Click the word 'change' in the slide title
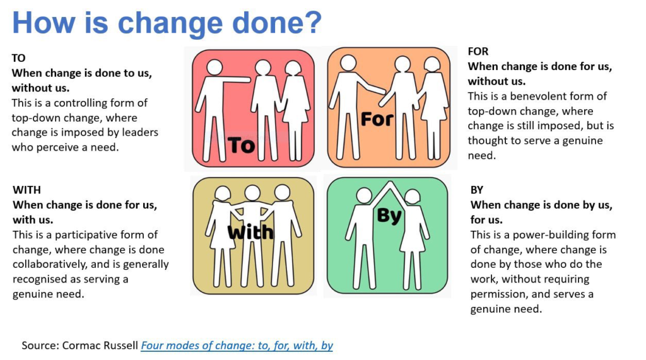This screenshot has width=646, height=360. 170,24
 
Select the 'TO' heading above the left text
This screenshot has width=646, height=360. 18,58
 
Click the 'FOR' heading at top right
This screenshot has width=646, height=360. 478,52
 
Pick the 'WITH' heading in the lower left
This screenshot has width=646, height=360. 26,190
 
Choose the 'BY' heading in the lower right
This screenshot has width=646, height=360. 477,190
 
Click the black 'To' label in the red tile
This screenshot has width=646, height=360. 242,146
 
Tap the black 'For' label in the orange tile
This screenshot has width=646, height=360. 377,119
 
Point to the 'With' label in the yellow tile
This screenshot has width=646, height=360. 250,232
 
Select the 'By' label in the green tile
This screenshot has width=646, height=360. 389,216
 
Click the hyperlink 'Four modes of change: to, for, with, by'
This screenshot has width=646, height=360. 237,345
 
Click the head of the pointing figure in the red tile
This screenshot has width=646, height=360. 214,67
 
